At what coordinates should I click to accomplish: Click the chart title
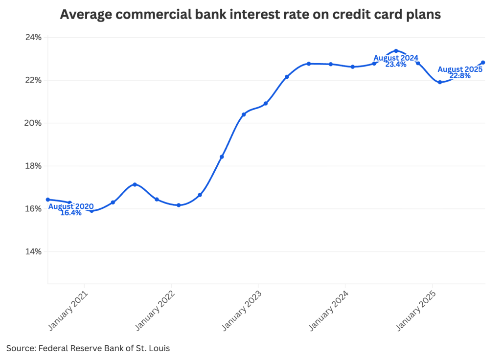(x=250, y=15)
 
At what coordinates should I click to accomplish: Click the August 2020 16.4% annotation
(x=71, y=209)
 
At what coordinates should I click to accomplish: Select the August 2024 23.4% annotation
(x=396, y=61)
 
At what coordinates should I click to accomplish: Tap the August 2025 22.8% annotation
(x=460, y=72)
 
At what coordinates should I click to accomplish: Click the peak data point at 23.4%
(x=396, y=51)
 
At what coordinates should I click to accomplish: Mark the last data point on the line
(x=483, y=62)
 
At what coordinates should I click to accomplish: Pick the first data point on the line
(x=47, y=200)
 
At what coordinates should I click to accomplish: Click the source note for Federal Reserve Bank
(x=88, y=348)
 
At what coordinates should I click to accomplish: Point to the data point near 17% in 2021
(x=135, y=184)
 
